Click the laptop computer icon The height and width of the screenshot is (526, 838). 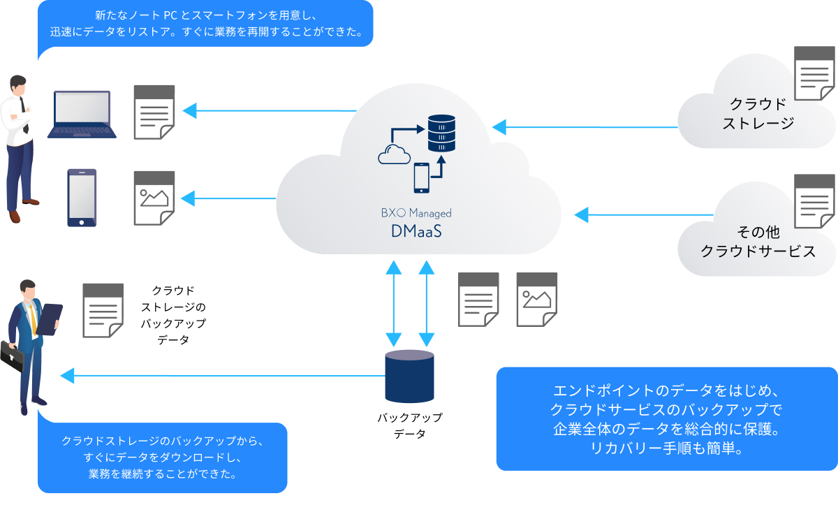tap(82, 115)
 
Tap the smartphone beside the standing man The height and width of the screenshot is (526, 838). tap(82, 198)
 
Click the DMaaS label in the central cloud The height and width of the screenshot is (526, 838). tap(417, 231)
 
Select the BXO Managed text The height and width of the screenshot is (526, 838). tap(417, 213)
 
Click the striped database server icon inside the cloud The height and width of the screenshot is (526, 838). tap(441, 133)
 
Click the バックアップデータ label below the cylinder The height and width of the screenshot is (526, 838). tap(409, 425)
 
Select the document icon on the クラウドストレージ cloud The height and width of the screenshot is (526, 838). tap(815, 73)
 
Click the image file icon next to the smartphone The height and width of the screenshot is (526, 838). tap(154, 198)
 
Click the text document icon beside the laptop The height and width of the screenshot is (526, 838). tap(154, 112)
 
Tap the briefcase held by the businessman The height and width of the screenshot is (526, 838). tap(12, 357)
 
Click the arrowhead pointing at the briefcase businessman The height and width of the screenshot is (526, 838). tap(67, 376)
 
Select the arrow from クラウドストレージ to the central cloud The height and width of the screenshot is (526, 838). tap(587, 127)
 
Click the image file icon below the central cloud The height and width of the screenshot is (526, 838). tap(537, 299)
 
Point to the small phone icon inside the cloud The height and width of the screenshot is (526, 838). tap(421, 177)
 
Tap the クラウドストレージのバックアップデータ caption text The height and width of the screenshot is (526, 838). tap(173, 314)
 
